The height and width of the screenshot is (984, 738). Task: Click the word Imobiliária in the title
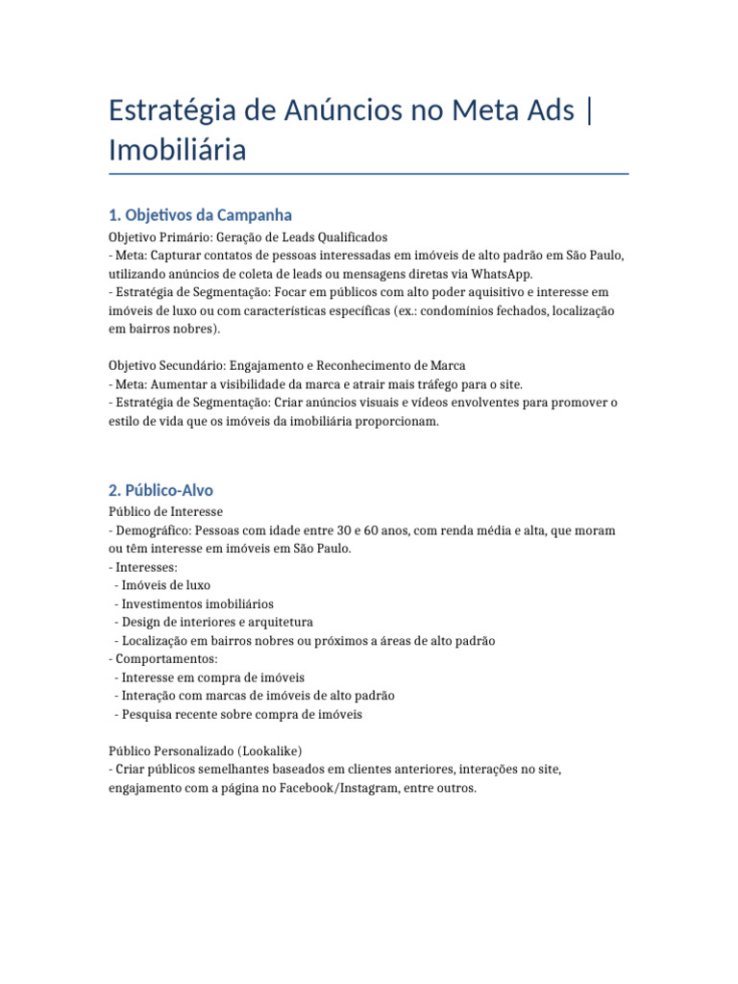coord(178,150)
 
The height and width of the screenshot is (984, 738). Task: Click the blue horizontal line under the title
coord(369,174)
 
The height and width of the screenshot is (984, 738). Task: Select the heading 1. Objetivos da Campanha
coord(201,214)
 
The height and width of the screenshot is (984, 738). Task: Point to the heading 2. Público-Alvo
coord(161,490)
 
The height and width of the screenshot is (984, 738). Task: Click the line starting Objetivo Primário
coord(248,236)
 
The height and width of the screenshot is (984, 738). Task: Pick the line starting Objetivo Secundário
coord(287,365)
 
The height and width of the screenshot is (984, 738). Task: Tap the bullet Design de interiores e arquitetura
coord(216,622)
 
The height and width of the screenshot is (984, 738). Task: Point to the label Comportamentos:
coord(166,658)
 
